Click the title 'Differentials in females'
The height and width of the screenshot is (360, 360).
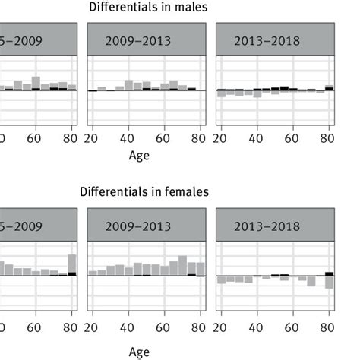point(144,192)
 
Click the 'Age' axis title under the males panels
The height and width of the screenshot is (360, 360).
point(139,155)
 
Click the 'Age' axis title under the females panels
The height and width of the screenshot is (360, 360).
point(139,352)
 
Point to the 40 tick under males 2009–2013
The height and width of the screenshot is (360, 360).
point(127,138)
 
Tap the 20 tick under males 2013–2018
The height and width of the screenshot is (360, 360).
point(220,138)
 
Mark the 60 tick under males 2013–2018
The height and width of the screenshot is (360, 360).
point(292,138)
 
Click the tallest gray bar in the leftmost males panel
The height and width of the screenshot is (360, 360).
point(36,83)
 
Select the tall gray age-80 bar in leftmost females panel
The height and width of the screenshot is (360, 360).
point(72,264)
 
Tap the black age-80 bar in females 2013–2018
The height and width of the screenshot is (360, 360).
point(329,273)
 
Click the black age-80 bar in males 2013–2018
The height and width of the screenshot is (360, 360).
point(329,89)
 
